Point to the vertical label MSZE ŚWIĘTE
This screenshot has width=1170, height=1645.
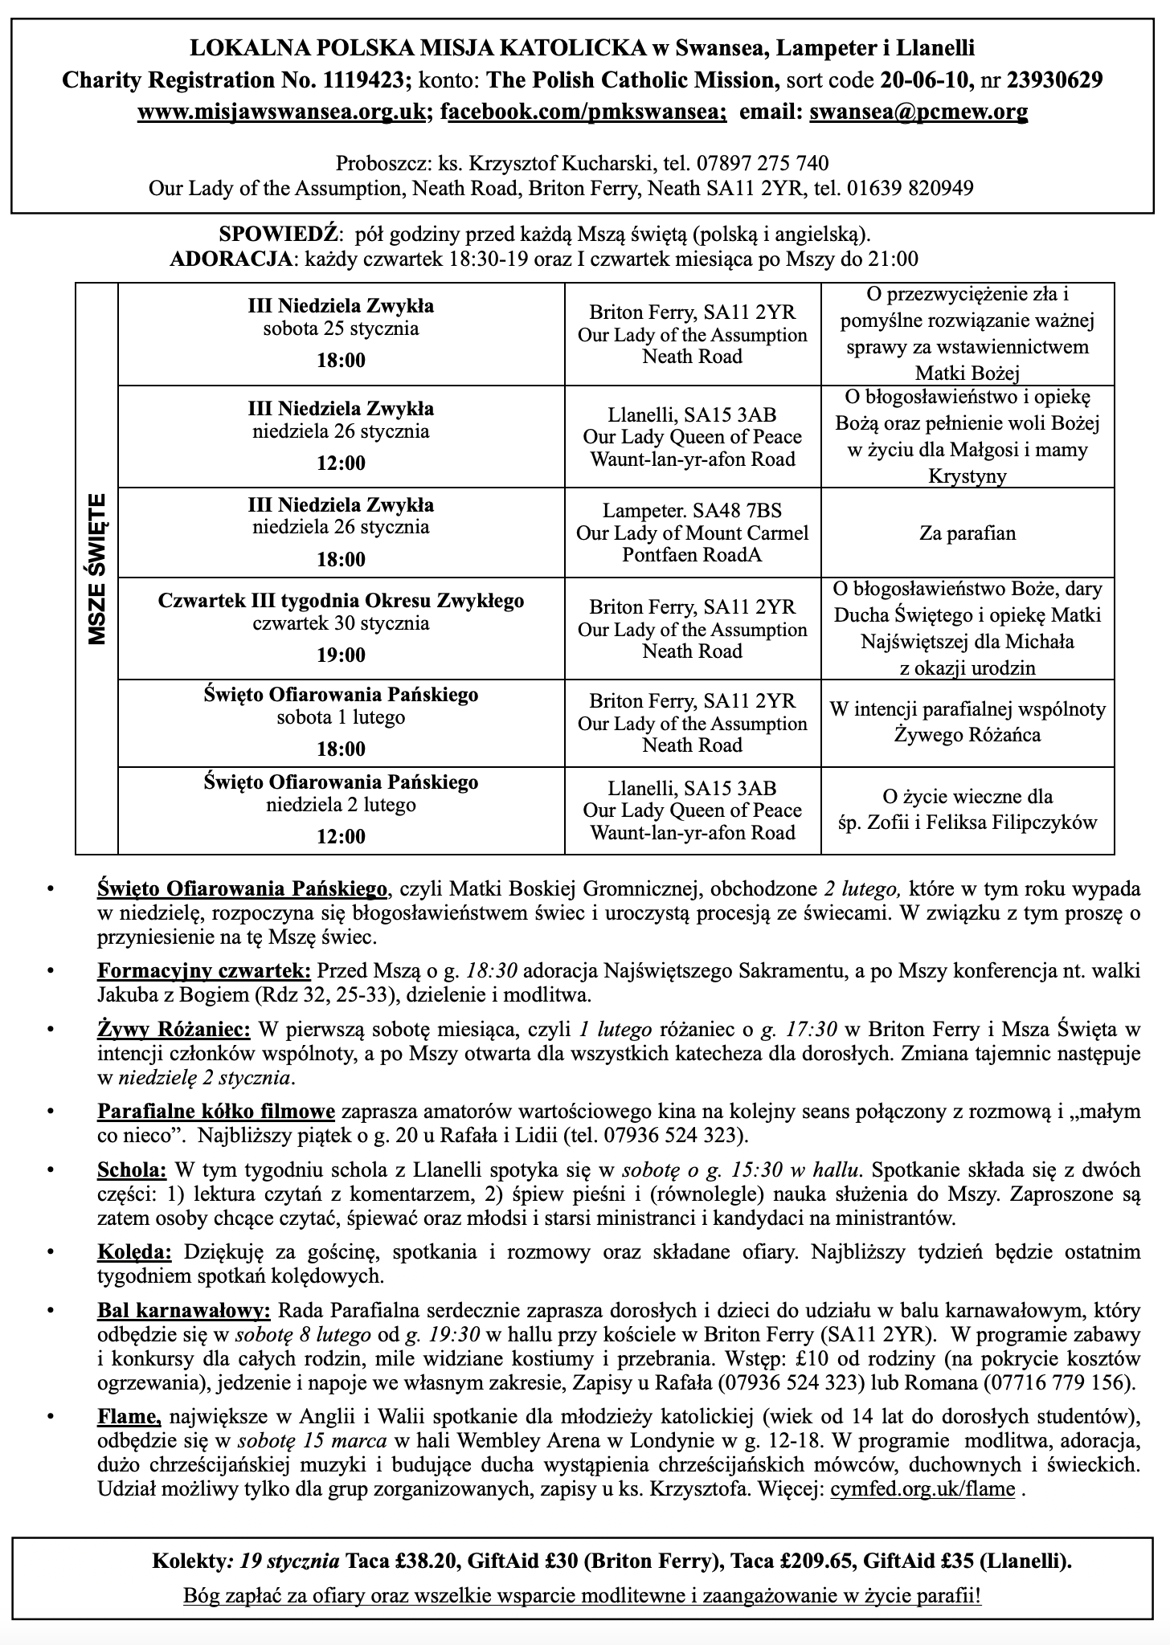coord(97,569)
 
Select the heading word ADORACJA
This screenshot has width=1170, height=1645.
coord(230,259)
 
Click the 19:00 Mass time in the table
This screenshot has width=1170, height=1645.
coord(341,655)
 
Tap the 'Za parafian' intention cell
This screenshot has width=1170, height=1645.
coord(967,533)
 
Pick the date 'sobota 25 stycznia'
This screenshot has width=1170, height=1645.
coord(341,329)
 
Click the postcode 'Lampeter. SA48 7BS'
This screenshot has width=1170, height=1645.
coord(692,512)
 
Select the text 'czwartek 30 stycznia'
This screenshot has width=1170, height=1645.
coord(341,623)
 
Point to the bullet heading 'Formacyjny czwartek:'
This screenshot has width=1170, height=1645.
coord(204,970)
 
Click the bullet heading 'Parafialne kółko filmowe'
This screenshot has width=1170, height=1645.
coord(216,1112)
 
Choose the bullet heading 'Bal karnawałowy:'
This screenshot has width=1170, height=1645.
coord(184,1311)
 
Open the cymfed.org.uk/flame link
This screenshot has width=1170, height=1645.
coord(922,1489)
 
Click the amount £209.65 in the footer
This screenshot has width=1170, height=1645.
coord(816,1561)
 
